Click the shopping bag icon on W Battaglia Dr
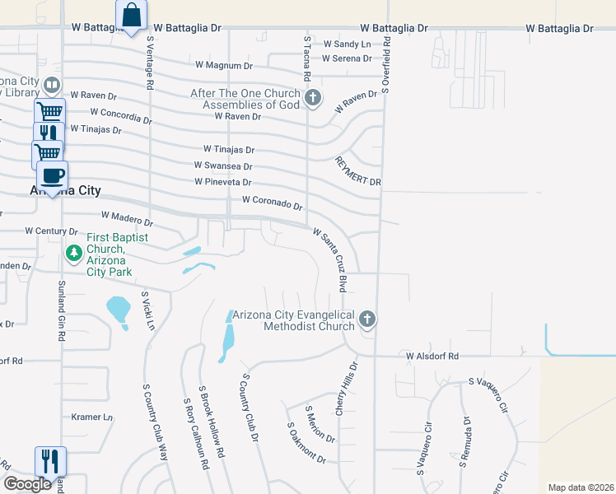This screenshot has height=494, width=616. point(132,15)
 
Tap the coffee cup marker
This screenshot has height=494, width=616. point(52,175)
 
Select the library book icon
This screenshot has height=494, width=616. point(51,85)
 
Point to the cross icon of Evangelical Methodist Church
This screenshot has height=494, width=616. point(367,319)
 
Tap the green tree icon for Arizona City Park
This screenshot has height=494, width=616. point(74,251)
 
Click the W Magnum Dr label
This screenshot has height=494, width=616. point(223,65)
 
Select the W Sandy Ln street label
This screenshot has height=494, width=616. point(346,44)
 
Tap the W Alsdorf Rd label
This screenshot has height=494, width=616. point(432,356)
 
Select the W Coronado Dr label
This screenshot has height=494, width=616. point(273,203)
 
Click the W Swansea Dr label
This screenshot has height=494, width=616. point(223,165)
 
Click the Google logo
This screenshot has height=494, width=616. point(27,484)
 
